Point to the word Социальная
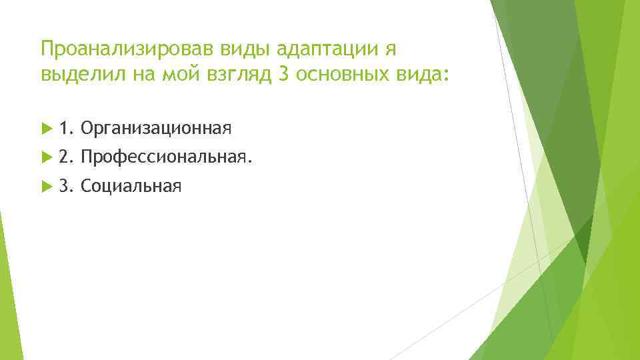pyautogui.click(x=130, y=187)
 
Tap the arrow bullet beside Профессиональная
pyautogui.click(x=45, y=157)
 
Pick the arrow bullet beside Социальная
pyautogui.click(x=45, y=187)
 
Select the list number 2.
pyautogui.click(x=65, y=157)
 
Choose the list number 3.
pyautogui.click(x=65, y=187)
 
